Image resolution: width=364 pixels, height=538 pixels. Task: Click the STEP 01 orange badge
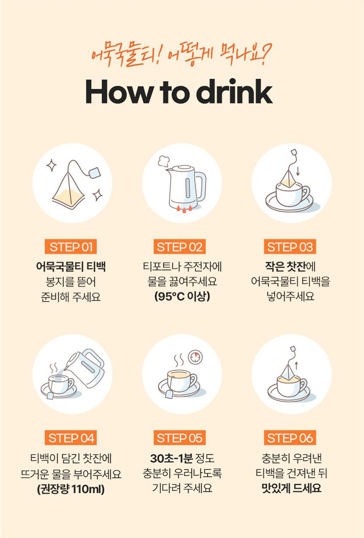71,247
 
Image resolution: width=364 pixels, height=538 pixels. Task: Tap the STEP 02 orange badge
179,247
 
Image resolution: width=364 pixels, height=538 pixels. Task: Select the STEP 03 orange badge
290,247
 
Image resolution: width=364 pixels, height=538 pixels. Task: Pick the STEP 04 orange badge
71,438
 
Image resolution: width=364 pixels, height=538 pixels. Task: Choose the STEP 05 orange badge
179,438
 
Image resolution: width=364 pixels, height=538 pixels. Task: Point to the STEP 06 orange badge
290,438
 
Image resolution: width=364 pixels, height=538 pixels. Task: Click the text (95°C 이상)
182,296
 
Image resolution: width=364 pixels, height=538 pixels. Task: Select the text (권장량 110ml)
71,489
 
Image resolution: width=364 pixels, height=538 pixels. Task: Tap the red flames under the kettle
185,209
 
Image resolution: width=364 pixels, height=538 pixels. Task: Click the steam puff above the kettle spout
163,161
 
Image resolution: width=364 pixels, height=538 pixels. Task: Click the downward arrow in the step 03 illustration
298,171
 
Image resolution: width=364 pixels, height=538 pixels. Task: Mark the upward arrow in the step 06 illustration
296,365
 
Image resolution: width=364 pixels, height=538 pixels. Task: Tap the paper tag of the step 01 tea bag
94,173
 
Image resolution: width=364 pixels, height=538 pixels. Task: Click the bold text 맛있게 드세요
291,489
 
